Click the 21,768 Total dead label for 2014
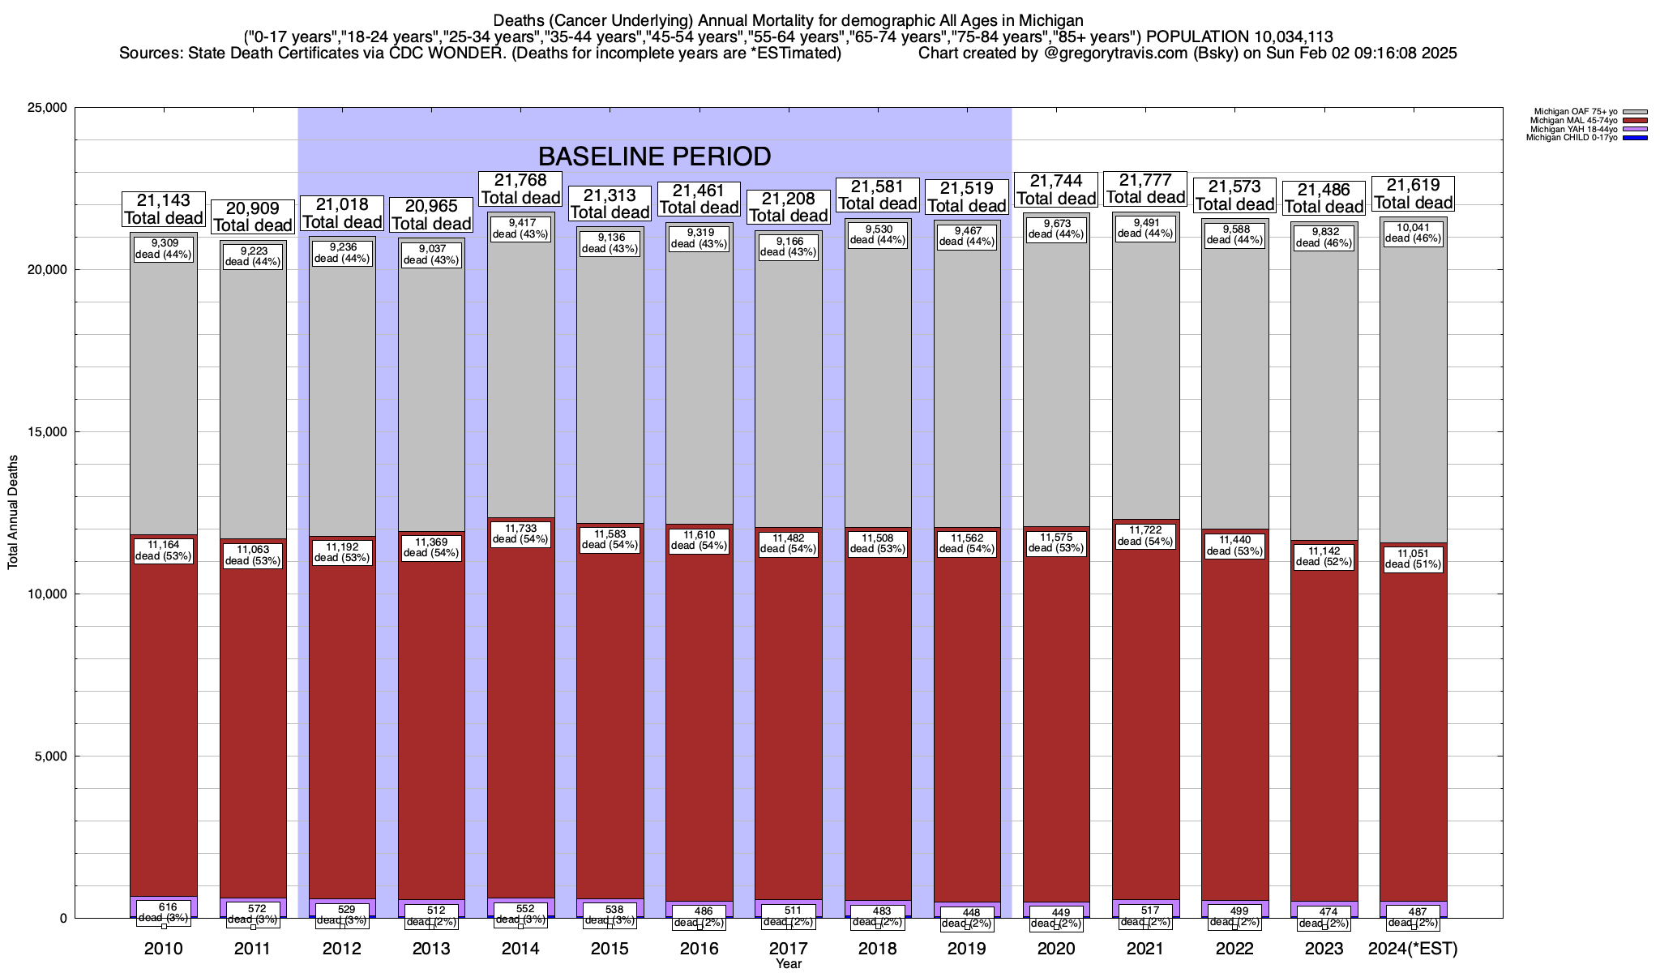tap(520, 189)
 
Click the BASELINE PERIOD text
tap(654, 156)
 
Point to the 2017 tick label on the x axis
tap(788, 949)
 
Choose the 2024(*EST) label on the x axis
tap(1413, 949)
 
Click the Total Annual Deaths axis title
tap(13, 512)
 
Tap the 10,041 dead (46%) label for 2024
tap(1414, 234)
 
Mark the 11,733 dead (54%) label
tap(520, 534)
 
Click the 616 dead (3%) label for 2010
tap(163, 912)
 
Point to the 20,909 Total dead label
tap(253, 217)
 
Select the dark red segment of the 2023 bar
tap(1324, 730)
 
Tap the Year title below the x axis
tap(788, 964)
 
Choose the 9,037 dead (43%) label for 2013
tap(431, 255)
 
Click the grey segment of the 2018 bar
tap(878, 389)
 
